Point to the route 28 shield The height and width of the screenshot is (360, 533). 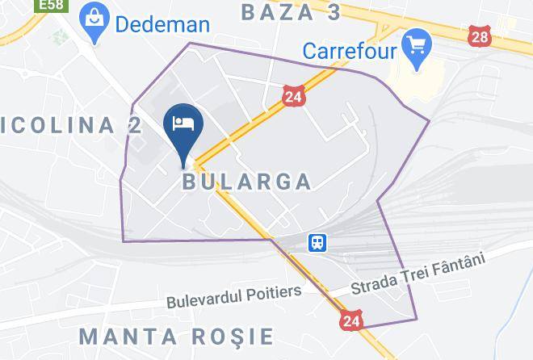(479, 36)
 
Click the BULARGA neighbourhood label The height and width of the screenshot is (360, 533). (246, 181)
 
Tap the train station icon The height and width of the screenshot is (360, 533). (315, 242)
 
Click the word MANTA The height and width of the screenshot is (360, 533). (132, 335)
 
